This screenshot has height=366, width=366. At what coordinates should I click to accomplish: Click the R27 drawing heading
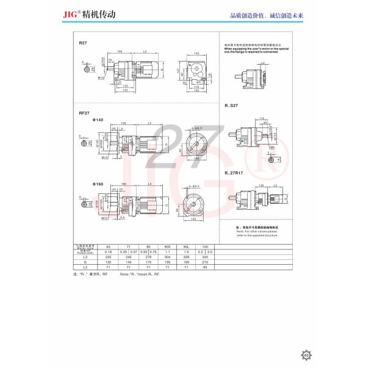[82, 44]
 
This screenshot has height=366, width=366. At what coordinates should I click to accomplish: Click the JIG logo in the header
[87, 12]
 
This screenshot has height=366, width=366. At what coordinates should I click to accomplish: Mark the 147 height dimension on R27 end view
[173, 71]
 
